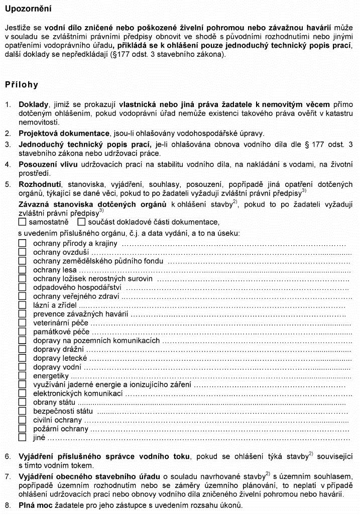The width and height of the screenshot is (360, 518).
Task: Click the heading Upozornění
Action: [28, 9]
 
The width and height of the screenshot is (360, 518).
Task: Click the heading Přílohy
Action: [22, 84]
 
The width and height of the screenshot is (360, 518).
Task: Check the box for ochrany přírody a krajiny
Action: [22, 243]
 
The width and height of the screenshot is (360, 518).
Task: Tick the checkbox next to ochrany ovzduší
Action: [22, 252]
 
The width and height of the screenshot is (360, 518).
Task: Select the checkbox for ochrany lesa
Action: [22, 270]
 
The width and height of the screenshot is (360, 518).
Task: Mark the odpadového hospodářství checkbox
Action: [22, 287]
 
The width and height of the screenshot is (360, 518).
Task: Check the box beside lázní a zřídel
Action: [22, 305]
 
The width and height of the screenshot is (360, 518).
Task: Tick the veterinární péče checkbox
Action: [22, 323]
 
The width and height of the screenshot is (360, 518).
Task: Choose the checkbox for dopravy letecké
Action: [22, 358]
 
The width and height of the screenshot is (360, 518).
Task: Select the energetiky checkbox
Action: [22, 376]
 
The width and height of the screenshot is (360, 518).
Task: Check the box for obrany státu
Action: [22, 402]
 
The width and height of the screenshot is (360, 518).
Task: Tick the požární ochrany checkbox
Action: [22, 429]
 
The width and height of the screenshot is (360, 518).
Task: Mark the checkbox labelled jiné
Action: [22, 438]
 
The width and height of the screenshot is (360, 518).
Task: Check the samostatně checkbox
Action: [22, 222]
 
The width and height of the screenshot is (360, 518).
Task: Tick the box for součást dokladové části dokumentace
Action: [81, 222]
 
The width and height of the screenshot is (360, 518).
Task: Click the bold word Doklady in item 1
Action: [33, 105]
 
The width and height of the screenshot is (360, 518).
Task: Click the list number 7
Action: [8, 475]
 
